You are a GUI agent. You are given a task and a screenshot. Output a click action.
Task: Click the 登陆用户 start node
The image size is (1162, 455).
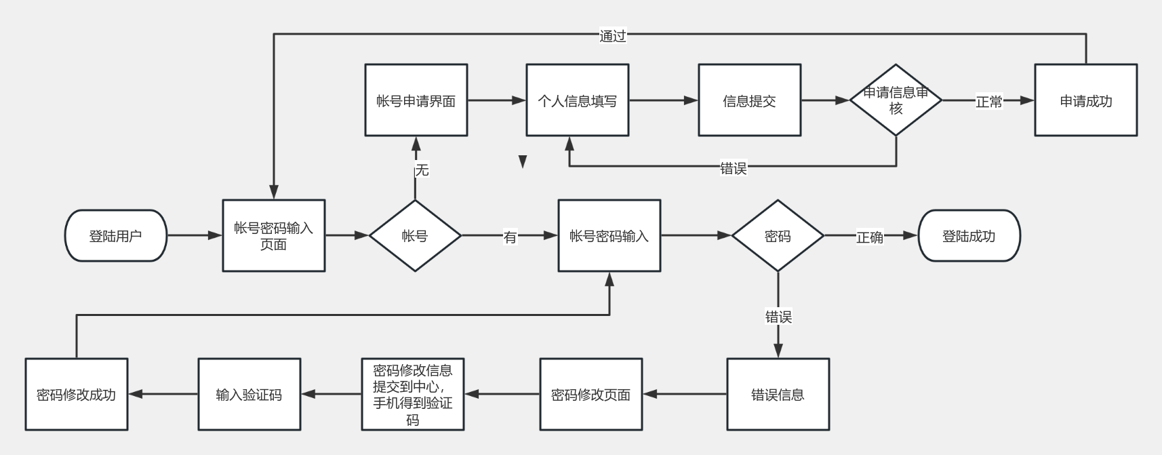(x=116, y=236)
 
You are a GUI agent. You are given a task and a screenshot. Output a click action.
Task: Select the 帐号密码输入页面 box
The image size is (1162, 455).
(x=274, y=236)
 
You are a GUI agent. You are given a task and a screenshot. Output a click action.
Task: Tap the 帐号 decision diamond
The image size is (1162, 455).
(x=415, y=236)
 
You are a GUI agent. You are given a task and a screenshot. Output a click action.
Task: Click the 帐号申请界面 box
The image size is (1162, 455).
(x=416, y=100)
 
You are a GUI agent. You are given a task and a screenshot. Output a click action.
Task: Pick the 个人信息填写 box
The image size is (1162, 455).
(x=578, y=100)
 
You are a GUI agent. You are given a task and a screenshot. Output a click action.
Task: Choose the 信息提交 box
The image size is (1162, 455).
(x=750, y=100)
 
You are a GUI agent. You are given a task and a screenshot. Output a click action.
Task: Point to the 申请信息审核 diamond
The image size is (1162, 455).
(x=896, y=100)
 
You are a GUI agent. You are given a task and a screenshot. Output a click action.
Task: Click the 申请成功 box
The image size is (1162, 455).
(x=1086, y=100)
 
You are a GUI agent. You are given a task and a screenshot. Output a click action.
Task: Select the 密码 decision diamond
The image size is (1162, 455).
(x=778, y=236)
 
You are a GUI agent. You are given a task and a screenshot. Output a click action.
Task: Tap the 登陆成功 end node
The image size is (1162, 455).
(x=969, y=236)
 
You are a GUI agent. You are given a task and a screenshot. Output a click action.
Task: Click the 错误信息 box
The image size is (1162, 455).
(x=778, y=395)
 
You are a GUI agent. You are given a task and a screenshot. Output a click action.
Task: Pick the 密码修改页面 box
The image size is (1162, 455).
(x=591, y=395)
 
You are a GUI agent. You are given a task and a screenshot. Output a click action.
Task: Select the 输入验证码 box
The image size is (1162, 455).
(x=249, y=395)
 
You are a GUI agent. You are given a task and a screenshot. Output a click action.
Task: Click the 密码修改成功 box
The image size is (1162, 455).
(x=77, y=395)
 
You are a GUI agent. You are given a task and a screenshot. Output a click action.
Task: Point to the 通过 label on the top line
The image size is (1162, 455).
(x=613, y=36)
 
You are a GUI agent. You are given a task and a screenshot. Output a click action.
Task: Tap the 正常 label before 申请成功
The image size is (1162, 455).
(x=989, y=102)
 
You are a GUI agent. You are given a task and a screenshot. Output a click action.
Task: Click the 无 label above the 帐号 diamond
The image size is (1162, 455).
(x=422, y=170)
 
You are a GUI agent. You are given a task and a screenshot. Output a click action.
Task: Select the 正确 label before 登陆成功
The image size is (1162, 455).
(x=870, y=237)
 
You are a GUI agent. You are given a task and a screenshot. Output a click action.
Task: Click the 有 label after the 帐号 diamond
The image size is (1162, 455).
(x=510, y=237)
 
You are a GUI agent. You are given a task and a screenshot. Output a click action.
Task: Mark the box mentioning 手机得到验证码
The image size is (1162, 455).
(x=413, y=395)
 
